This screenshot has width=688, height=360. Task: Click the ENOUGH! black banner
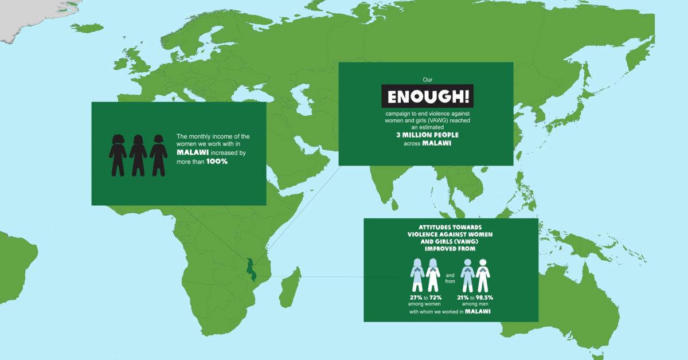coord(428,96)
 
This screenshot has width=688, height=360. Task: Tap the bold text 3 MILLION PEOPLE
coord(428,135)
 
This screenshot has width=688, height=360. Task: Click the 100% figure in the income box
coord(217,162)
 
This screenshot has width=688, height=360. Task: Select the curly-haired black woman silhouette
coord(118,155)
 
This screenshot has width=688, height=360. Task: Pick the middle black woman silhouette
coord(138,155)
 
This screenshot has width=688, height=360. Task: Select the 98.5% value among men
coord(484,298)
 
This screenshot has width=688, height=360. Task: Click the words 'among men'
coord(474,304)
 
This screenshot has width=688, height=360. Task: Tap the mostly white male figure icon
coord(483,275)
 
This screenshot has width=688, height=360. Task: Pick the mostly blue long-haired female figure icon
coord(417,275)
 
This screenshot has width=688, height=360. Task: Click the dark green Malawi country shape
coord(250,269)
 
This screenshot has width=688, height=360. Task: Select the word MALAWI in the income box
coord(193,153)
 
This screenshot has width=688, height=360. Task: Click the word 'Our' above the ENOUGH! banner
coord(427,79)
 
